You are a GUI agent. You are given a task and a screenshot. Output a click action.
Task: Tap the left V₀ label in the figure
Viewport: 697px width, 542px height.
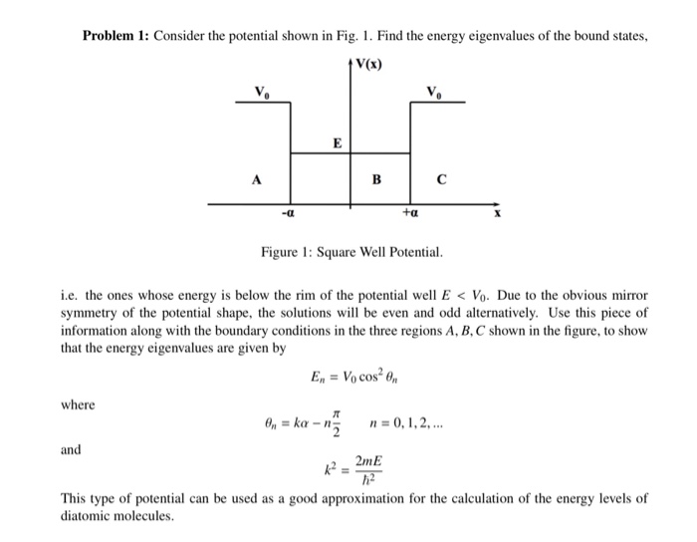click(261, 93)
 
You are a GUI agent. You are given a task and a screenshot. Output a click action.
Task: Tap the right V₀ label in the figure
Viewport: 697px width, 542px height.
click(434, 93)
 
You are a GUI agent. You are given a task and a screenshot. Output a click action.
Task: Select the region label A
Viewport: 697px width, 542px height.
click(256, 180)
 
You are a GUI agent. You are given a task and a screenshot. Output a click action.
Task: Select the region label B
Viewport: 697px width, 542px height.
click(375, 180)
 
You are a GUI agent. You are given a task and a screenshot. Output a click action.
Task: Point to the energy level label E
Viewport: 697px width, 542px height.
click(337, 143)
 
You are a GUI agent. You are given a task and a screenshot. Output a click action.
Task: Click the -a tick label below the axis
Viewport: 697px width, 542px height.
click(288, 213)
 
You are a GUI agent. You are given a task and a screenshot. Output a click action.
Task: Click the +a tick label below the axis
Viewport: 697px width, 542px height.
click(409, 213)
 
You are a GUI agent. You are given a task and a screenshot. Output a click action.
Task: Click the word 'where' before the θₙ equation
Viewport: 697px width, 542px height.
click(77, 405)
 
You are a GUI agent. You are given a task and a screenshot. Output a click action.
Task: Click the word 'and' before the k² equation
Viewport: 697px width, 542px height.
click(71, 449)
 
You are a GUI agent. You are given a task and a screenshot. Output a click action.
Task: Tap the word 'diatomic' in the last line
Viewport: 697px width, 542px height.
click(84, 516)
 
